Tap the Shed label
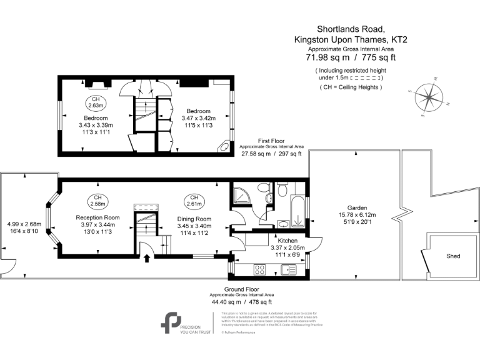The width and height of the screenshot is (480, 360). click(453, 256)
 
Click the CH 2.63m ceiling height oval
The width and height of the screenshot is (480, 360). click(96, 102)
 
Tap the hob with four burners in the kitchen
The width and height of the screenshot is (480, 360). click(261, 269)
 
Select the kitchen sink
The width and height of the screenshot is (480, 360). click(289, 269)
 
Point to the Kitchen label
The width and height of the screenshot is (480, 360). click(283, 240)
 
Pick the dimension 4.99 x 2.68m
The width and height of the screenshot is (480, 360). click(24, 224)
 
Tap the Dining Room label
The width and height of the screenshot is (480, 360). click(194, 219)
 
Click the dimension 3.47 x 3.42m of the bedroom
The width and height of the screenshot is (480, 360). click(198, 118)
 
